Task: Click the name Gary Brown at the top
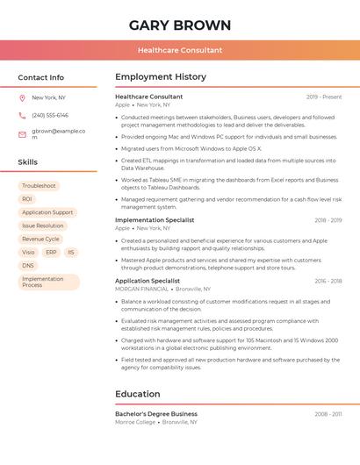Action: click(180, 25)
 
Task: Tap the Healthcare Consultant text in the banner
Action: click(180, 50)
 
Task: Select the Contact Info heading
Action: click(41, 77)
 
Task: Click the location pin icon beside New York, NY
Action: click(22, 98)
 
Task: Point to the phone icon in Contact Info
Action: click(22, 115)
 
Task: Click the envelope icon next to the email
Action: click(22, 134)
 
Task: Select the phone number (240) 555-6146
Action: click(50, 115)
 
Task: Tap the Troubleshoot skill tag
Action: click(39, 186)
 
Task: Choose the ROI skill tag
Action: click(27, 199)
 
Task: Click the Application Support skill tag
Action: click(47, 212)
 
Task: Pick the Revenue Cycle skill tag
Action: click(40, 239)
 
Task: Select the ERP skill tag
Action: click(51, 252)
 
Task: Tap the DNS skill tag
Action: click(28, 265)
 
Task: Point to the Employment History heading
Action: click(161, 77)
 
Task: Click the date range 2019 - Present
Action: click(324, 97)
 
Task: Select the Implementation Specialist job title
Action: click(155, 219)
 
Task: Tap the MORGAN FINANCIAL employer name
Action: click(141, 289)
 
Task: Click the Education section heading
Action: click(138, 394)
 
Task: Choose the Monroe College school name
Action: click(135, 422)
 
